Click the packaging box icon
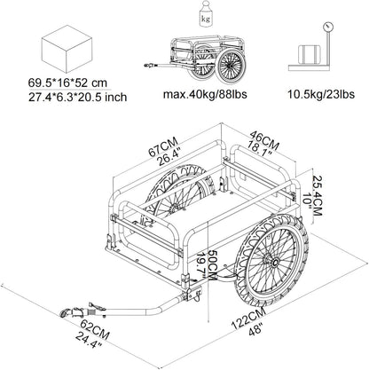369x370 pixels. (x=67, y=49)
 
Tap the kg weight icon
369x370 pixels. (x=205, y=14)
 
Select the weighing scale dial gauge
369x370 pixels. (x=327, y=27)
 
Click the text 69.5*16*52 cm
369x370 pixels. (x=67, y=83)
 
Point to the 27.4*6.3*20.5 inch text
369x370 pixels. (x=77, y=97)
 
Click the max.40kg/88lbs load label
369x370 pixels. (x=205, y=94)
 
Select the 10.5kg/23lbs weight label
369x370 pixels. (x=321, y=94)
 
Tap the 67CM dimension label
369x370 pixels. (x=163, y=146)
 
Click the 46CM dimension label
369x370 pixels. (x=265, y=139)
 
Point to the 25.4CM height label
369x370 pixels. (x=318, y=196)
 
